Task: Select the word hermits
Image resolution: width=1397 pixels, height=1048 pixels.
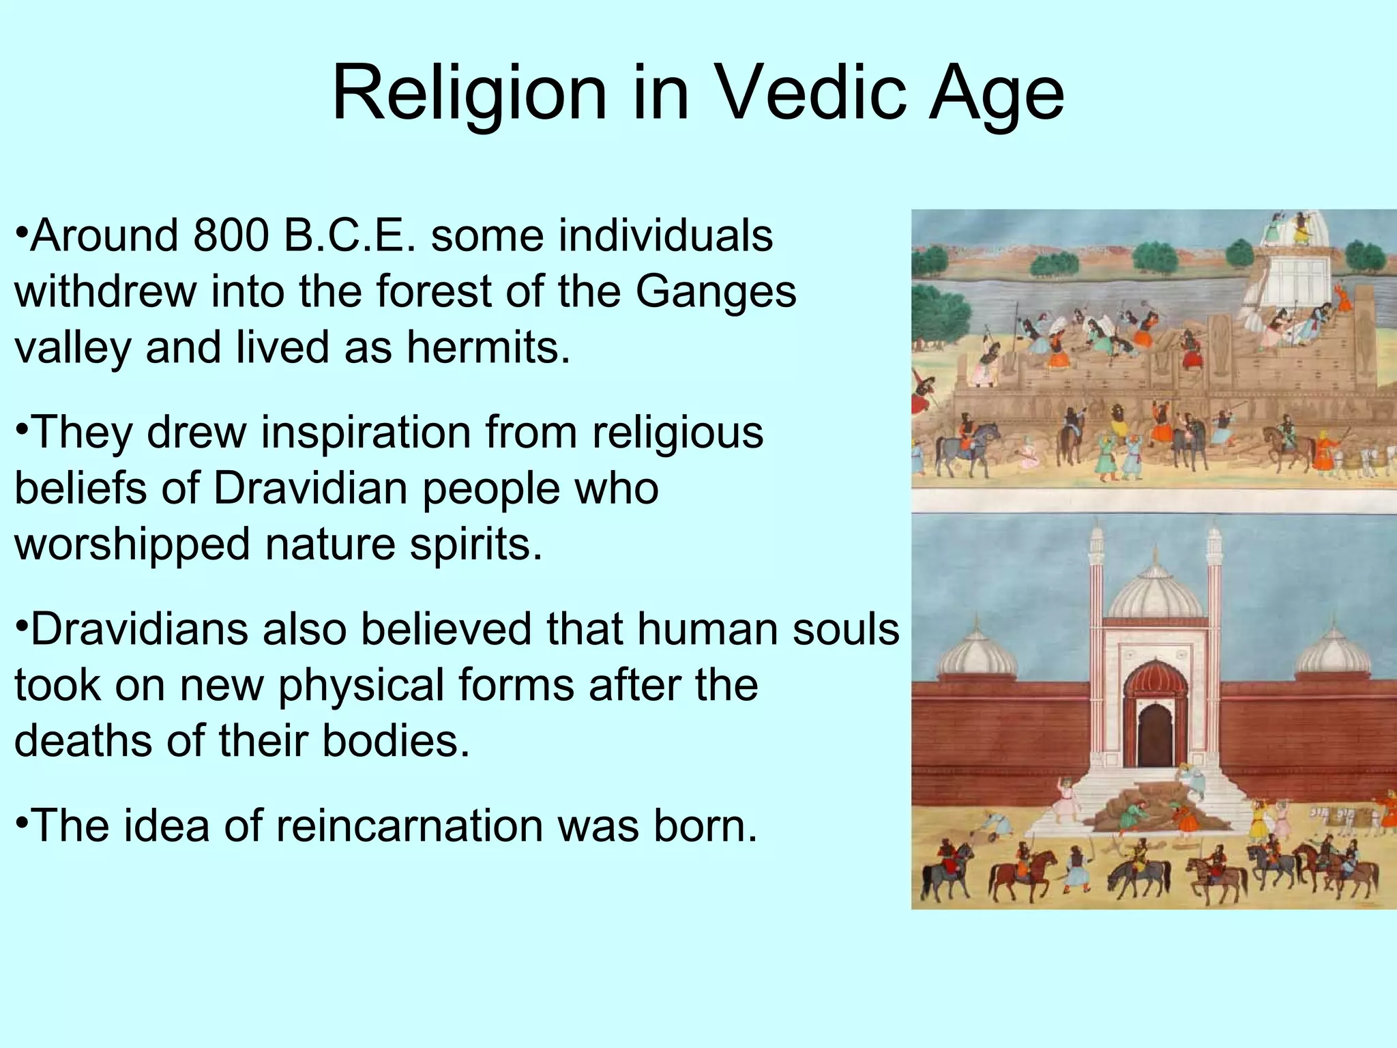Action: pos(488,347)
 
